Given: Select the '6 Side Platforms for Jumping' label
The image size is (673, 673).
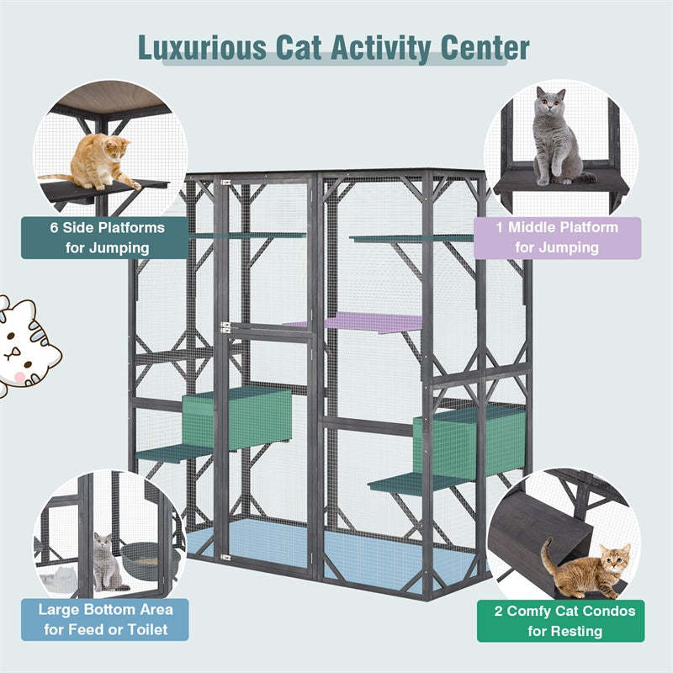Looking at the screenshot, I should point(105,237).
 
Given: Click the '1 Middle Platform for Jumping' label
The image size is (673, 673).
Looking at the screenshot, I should point(557,237).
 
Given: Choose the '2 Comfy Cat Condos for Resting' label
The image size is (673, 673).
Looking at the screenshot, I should point(560,621).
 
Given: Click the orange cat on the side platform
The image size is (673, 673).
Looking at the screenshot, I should point(99,162).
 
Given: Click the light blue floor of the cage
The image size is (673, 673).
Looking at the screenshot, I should point(336,547).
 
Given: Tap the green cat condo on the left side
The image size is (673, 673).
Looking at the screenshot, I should point(237,417).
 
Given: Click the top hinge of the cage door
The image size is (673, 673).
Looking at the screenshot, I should point(225,182).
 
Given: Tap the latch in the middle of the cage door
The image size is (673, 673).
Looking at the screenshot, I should point(225,326).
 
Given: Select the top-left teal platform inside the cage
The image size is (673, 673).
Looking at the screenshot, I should point(252,236).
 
